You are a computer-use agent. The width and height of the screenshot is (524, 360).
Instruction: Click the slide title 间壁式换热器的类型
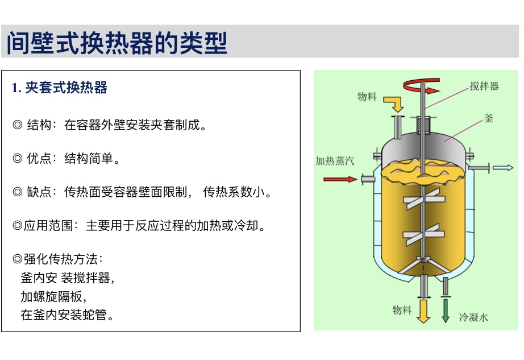point(117,43)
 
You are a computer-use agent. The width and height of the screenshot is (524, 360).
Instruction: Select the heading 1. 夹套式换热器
point(60,88)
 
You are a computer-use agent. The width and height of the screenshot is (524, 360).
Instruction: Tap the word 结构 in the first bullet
point(39,125)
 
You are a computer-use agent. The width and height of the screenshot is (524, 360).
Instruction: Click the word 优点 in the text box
point(39,159)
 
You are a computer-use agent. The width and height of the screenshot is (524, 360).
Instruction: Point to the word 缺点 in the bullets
point(39,192)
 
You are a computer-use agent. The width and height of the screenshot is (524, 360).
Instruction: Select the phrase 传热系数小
point(234,192)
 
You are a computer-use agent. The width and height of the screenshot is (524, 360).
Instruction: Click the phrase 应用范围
point(48,225)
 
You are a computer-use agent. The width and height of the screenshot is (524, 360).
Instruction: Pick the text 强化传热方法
point(60,259)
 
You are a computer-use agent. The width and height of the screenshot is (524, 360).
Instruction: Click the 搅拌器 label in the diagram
point(484,86)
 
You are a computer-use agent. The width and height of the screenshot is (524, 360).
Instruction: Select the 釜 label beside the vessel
point(489,118)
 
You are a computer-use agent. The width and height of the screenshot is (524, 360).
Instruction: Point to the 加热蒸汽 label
point(335,161)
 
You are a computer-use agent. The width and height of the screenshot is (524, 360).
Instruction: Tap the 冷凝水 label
point(473,317)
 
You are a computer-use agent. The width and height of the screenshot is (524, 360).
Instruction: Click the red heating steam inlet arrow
point(340,179)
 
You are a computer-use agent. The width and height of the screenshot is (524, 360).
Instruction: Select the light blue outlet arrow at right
point(503,167)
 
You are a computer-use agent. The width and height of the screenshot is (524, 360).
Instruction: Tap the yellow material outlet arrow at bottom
point(423,311)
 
